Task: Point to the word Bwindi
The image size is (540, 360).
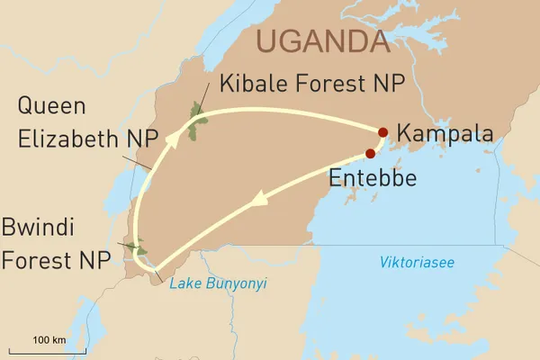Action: (x=45, y=226)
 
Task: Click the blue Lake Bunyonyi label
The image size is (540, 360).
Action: (x=219, y=284)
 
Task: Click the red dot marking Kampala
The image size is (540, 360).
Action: (x=384, y=132)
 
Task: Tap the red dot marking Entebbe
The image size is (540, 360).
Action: (x=371, y=153)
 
